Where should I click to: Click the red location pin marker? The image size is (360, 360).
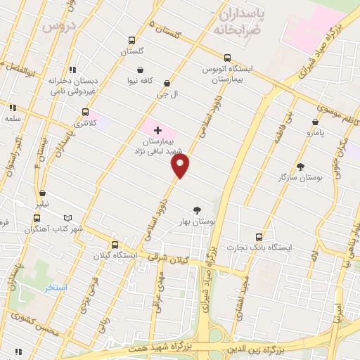[x=181, y=166]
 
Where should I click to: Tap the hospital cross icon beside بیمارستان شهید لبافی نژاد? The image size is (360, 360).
[x=157, y=130]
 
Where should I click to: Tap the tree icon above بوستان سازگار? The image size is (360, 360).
[x=301, y=167]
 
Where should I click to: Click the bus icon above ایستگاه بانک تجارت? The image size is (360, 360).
[x=259, y=236]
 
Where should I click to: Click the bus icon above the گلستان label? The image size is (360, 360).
[x=131, y=41]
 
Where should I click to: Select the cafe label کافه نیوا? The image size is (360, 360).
[x=141, y=81]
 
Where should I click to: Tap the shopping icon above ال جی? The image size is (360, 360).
[x=167, y=83]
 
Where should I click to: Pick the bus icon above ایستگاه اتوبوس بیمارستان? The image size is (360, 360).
[x=226, y=58]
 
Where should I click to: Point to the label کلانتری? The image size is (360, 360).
[x=84, y=123]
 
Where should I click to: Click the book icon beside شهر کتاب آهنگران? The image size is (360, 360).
[x=67, y=218]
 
